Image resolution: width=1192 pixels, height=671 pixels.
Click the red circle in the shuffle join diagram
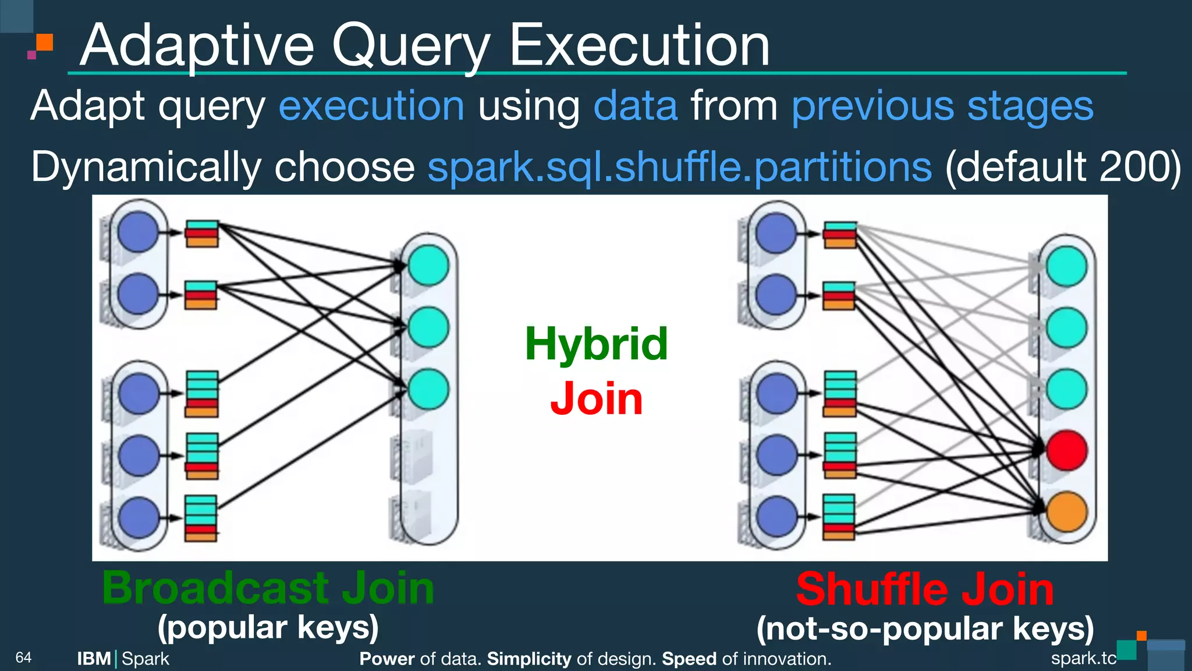pos(1066,450)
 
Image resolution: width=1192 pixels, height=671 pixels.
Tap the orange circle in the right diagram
pos(1066,512)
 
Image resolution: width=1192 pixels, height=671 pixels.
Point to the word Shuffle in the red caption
pos(872,589)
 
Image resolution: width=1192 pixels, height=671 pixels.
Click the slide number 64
pos(23,658)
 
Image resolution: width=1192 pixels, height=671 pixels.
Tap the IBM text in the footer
pos(94,659)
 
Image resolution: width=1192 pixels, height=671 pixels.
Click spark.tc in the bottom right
pos(1083,658)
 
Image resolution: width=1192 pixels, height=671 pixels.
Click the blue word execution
pos(371,107)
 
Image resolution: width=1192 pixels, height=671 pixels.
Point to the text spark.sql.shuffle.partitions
pos(679,168)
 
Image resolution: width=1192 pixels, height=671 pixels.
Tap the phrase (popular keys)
pos(268,628)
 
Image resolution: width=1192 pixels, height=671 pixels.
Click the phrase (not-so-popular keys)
pos(925,629)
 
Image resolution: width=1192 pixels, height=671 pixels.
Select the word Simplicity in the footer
pos(529,659)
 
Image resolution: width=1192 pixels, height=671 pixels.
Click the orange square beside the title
pos(45,42)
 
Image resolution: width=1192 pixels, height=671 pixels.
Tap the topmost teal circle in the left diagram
pos(428,266)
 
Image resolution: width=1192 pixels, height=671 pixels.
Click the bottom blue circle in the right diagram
pos(776,516)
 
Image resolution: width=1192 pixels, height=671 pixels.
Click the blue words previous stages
pos(942,107)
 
